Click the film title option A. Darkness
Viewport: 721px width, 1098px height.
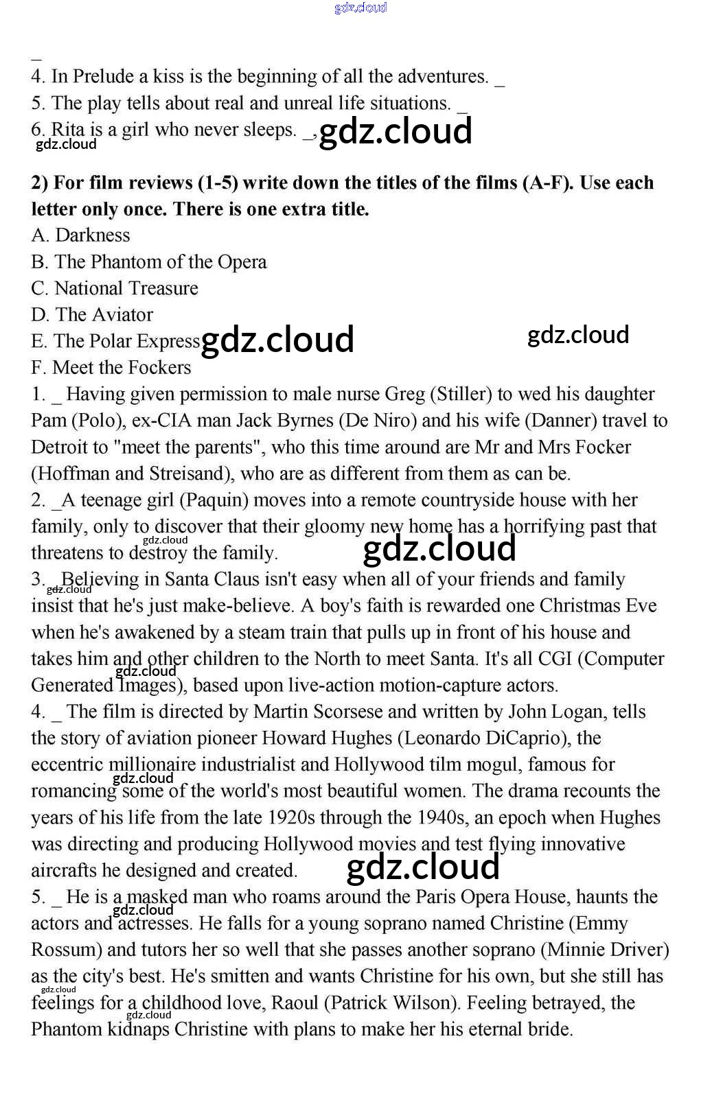tap(80, 235)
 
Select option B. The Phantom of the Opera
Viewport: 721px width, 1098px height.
tap(149, 262)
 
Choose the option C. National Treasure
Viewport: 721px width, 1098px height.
tap(115, 288)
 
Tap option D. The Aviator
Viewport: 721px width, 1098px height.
tap(92, 315)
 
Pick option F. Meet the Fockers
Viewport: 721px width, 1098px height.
tap(111, 368)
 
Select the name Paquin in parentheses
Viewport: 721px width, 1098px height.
tap(214, 500)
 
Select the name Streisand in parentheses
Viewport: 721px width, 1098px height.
tap(186, 474)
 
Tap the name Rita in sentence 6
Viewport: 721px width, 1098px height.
tap(67, 130)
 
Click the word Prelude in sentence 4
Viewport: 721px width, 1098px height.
tap(103, 76)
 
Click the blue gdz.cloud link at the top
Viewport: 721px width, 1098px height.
tap(360, 8)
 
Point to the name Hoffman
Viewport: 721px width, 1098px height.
tap(71, 474)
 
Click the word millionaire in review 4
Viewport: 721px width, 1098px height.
tap(152, 764)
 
